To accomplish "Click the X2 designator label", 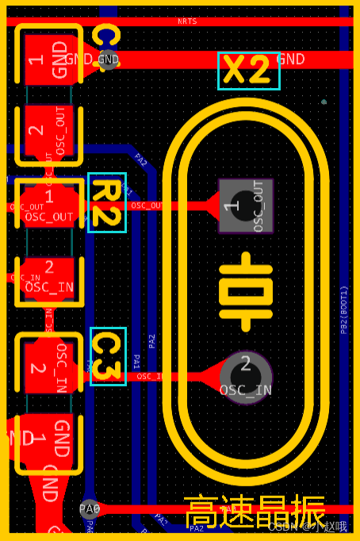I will pos(248,71).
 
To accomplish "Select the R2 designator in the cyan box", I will pos(106,203).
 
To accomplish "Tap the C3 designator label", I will pos(108,356).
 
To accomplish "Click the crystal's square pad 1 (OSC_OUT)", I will pos(246,206).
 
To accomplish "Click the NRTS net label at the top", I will pos(187,21).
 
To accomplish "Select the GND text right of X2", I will pos(290,59).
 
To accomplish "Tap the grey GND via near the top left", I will pos(107,59).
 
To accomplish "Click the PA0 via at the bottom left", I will pos(90,508).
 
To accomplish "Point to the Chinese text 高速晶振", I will pos(255,511).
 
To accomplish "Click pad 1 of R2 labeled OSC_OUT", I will pos(49,205).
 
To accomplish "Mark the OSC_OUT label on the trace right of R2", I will pos(147,206).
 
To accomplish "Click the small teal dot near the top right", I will pos(324,102).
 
